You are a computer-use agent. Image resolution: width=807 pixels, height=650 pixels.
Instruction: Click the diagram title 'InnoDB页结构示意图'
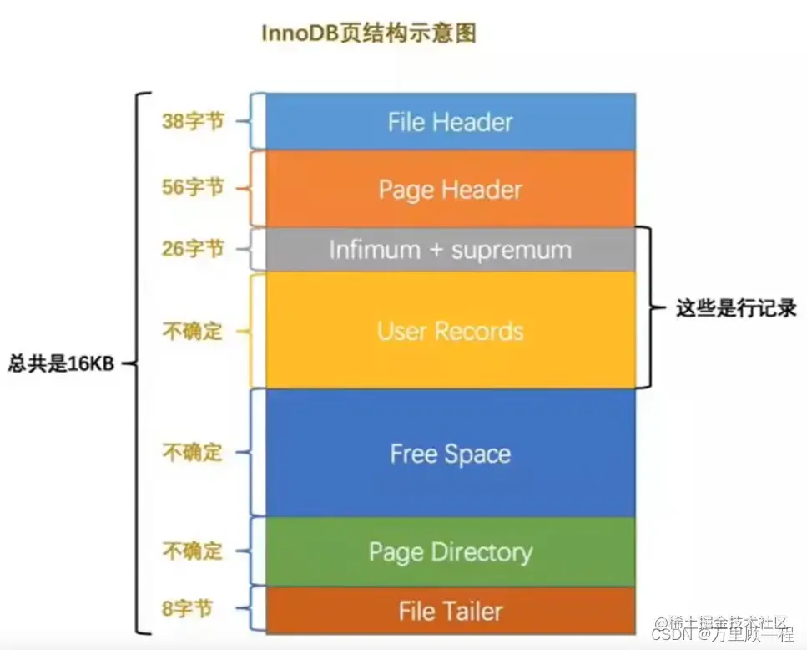369,34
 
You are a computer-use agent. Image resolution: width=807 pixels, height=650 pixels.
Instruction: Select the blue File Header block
450,122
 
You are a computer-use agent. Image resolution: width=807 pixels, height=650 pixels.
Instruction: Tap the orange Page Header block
450,189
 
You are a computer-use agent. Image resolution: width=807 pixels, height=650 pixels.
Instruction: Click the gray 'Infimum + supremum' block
450,250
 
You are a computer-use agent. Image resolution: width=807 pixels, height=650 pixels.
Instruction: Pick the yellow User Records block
450,331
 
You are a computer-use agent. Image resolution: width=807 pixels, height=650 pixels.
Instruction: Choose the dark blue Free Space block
450,454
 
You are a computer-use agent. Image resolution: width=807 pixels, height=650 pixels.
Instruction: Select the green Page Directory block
450,551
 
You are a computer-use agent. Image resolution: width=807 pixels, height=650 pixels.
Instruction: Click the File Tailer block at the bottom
450,611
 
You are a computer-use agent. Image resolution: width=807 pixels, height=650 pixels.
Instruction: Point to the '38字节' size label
193,121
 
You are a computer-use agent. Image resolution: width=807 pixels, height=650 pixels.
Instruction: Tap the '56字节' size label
193,187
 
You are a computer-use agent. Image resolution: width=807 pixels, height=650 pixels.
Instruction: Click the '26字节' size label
193,248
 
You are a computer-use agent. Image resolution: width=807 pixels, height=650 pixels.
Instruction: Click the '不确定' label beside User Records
193,331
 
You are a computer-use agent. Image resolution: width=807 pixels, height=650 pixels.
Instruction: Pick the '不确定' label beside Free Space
193,453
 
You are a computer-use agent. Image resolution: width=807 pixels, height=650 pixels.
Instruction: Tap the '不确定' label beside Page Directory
193,551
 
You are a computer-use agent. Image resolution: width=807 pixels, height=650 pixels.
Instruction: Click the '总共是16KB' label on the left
60,364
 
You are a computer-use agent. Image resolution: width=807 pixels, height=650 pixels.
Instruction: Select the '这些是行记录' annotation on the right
736,308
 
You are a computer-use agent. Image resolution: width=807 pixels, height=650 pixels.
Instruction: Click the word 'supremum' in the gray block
511,250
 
